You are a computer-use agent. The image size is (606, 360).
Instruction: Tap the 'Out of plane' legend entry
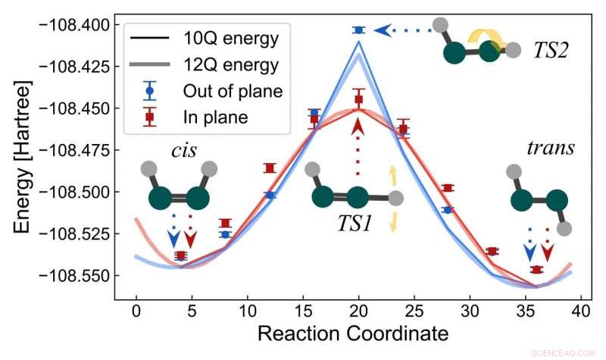pyautogui.click(x=233, y=91)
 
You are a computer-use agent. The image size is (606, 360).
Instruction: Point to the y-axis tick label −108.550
pyautogui.click(x=69, y=275)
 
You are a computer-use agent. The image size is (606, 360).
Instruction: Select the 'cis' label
pyautogui.click(x=182, y=149)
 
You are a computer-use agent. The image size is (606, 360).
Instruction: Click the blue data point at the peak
pyautogui.click(x=358, y=30)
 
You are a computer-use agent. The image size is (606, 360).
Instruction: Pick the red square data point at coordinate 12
pyautogui.click(x=270, y=167)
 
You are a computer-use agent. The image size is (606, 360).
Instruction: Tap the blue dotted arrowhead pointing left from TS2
pyautogui.click(x=384, y=30)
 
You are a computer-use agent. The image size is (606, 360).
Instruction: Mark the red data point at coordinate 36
pyautogui.click(x=536, y=270)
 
